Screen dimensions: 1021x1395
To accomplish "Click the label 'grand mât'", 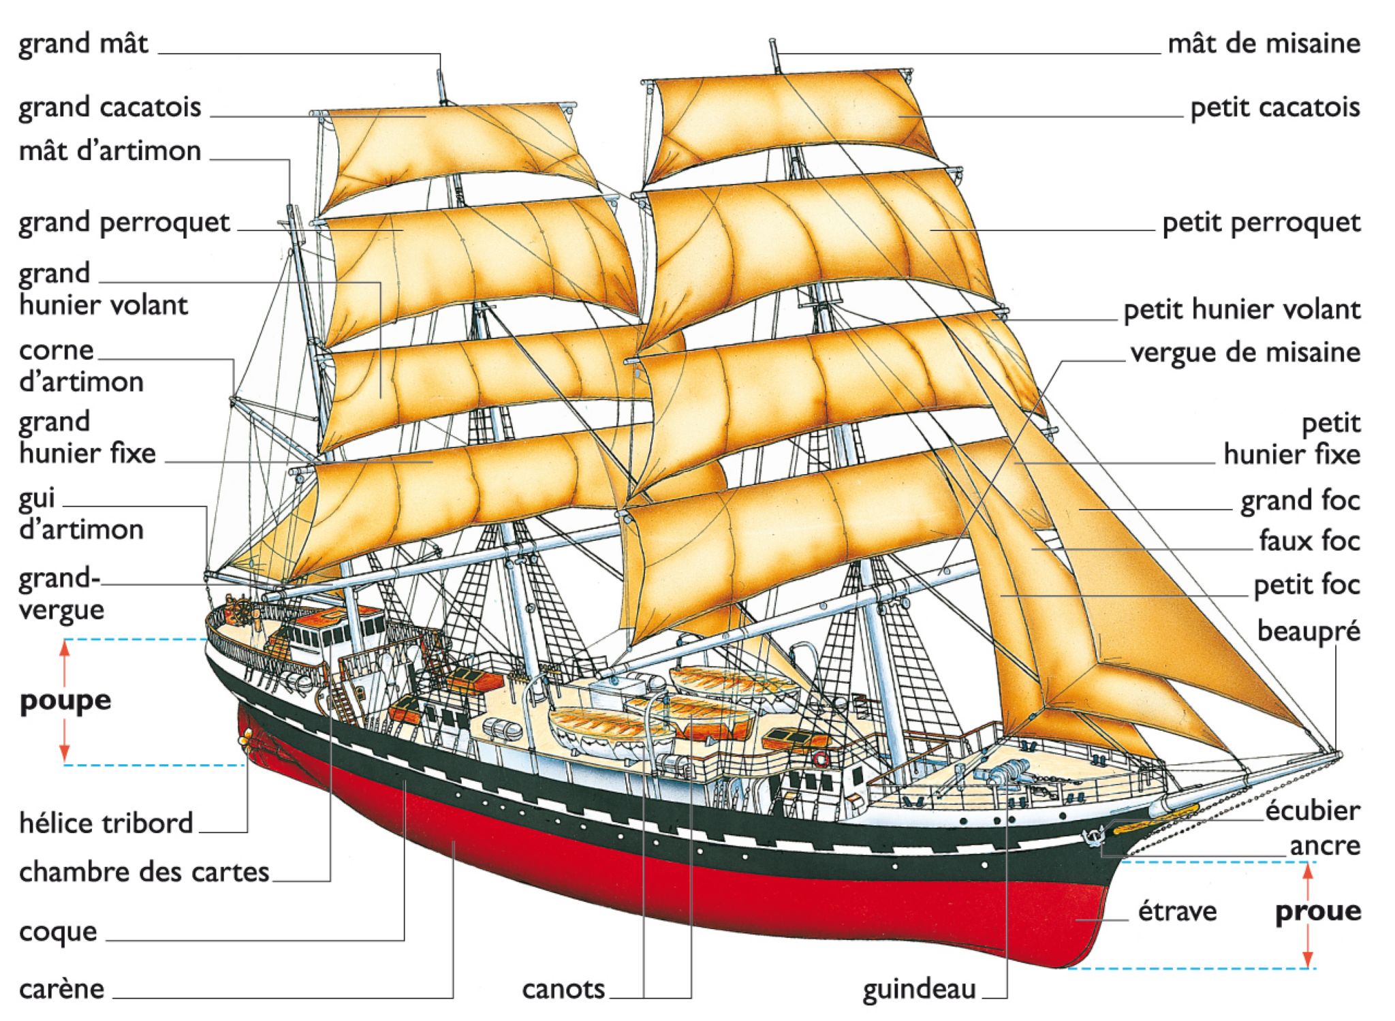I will pos(83,44).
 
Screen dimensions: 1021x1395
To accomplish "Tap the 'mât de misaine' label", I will pos(1264,44).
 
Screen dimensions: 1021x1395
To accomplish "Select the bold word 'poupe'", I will pos(65,701).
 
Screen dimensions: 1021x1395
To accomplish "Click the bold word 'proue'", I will pos(1317,911).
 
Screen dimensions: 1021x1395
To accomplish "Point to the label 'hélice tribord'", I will pos(106,823).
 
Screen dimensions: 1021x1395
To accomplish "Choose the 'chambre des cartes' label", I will pos(144,872).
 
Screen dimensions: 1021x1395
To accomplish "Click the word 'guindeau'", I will pos(919,990).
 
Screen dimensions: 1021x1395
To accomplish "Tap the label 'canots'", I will pos(563,990).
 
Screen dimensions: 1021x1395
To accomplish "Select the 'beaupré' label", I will pos(1308,631).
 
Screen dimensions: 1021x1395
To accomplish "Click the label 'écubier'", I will pos(1312,811).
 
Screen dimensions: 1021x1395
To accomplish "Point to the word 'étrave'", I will pos(1177,911).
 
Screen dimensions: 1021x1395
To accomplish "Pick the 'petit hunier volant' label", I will pos(1241,310).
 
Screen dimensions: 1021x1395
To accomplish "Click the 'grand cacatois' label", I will pos(110,108).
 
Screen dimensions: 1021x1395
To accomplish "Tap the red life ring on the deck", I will pos(821,758).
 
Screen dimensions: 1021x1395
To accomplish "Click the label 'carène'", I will pos(61,990).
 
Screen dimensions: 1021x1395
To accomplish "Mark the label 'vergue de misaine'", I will pos(1244,353).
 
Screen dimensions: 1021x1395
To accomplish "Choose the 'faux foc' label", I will pos(1308,541).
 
